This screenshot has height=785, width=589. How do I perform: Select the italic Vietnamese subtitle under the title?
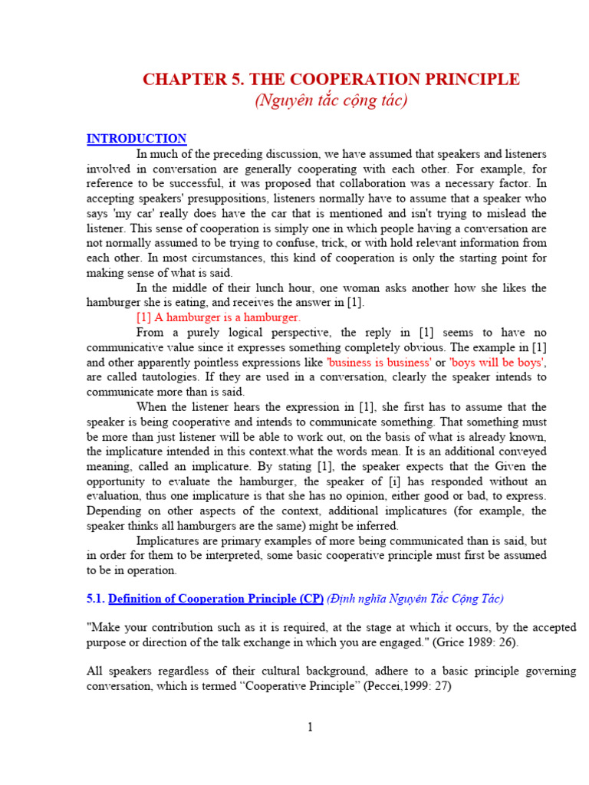click(x=331, y=100)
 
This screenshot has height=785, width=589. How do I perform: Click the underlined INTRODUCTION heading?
click(x=137, y=139)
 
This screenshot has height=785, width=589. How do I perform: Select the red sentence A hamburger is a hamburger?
click(x=219, y=317)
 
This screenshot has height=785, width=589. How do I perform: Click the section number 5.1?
click(x=95, y=599)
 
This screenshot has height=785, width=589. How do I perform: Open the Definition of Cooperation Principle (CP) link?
click(x=216, y=599)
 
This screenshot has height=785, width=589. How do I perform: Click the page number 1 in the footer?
click(x=310, y=728)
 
